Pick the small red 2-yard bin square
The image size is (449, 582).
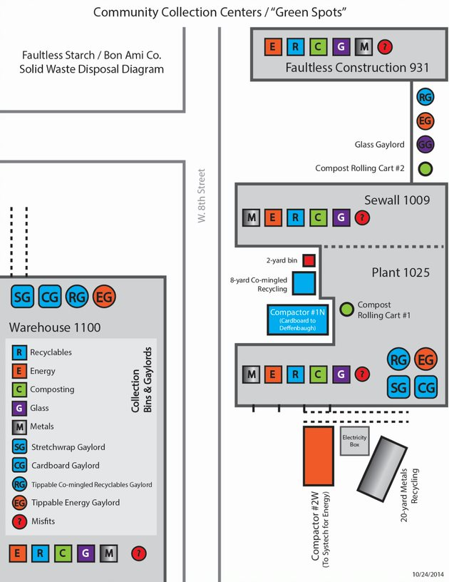tap(309, 260)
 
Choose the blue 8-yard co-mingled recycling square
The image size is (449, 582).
tap(305, 283)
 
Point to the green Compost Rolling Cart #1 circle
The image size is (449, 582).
tap(346, 309)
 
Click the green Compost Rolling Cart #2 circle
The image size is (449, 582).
tap(425, 169)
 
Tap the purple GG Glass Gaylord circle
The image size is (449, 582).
tap(425, 145)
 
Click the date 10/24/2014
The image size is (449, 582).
tap(428, 573)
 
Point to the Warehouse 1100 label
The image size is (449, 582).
tap(55, 328)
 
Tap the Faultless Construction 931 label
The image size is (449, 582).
tap(357, 68)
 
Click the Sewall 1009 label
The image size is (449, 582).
tap(397, 200)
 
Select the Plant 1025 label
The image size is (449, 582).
tap(401, 272)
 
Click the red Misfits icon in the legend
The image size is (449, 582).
tap(20, 521)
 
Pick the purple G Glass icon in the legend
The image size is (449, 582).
tap(20, 408)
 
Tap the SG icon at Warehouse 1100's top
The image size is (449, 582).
tap(23, 296)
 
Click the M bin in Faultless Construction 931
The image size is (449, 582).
tap(364, 47)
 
